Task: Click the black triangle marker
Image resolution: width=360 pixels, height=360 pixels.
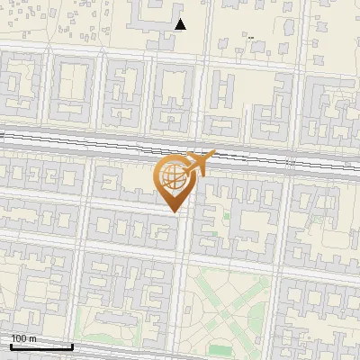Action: point(180,24)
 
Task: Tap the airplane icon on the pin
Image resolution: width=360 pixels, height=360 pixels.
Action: point(199,166)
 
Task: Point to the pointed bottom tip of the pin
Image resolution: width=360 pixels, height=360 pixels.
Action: point(174,212)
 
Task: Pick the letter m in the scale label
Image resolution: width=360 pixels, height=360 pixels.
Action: point(32,338)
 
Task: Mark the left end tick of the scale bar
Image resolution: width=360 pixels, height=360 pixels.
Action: point(10,346)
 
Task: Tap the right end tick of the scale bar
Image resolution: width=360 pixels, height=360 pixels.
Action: point(73,346)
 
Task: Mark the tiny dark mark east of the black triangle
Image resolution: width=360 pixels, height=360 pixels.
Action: point(250,38)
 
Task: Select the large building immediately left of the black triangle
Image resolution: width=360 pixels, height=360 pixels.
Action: point(149,13)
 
